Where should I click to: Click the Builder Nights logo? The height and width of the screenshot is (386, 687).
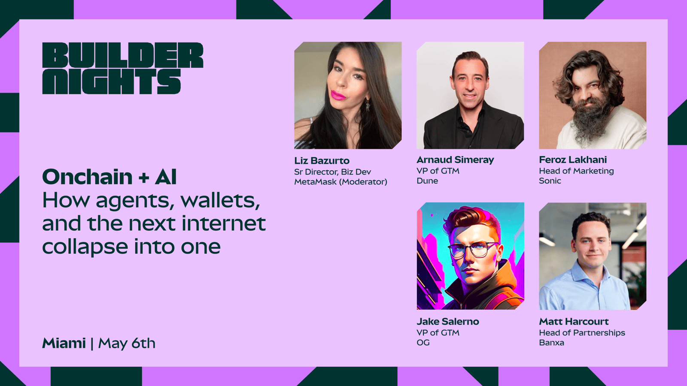(x=123, y=68)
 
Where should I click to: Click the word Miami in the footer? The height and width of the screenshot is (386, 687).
(x=64, y=343)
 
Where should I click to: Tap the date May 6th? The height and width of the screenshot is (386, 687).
(x=127, y=344)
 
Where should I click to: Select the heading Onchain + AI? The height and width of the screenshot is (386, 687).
(x=109, y=177)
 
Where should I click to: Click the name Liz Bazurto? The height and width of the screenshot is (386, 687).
(x=322, y=160)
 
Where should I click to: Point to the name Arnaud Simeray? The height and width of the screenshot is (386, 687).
(x=455, y=160)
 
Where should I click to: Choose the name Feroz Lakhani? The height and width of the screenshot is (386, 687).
(x=573, y=160)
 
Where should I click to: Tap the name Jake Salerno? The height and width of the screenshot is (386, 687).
(x=448, y=321)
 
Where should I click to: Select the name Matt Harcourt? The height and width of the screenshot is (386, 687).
(x=574, y=321)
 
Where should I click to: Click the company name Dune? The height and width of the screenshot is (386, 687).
(x=427, y=181)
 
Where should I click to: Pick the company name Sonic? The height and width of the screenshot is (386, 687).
(x=550, y=181)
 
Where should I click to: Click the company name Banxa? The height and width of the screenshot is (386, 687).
(x=551, y=343)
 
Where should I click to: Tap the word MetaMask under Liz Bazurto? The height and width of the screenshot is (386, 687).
(x=315, y=182)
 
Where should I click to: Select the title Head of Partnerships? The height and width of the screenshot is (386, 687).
(x=582, y=333)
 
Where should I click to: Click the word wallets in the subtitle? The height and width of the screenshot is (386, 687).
(x=220, y=201)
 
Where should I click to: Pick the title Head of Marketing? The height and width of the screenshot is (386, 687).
(x=577, y=171)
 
